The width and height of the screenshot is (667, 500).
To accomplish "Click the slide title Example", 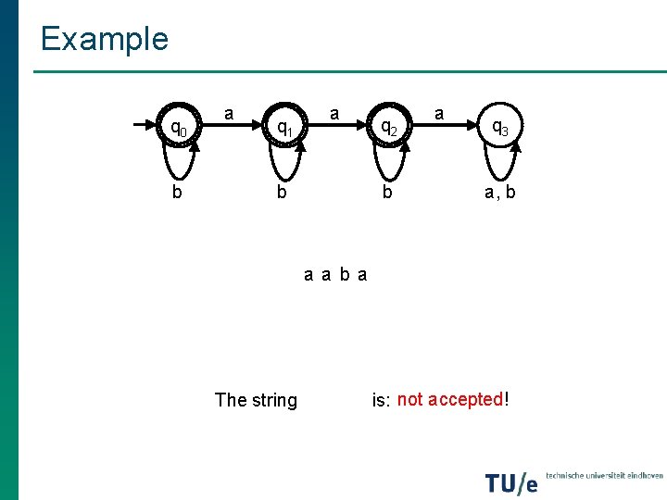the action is coord(104,39).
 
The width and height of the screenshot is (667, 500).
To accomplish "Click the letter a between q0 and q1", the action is coord(229,114).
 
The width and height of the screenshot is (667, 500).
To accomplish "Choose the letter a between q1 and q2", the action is coord(335,114).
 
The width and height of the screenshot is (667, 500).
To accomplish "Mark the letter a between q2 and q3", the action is coord(440,114).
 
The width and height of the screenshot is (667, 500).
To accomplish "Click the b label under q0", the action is coord(176,194).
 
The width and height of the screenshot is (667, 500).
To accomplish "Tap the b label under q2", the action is coord(388,194).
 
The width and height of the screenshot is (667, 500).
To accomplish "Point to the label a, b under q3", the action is coord(498,194).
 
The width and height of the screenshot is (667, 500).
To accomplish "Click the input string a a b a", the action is coord(335,274).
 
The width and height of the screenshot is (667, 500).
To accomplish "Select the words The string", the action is coord(256,400).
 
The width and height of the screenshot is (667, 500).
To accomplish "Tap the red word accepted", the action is coord(465,399).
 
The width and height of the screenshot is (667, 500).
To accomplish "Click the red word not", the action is coord(410,399).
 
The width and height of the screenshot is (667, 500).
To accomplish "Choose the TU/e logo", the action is coord(510,482).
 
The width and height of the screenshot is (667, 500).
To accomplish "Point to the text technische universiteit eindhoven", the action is coord(604,475).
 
